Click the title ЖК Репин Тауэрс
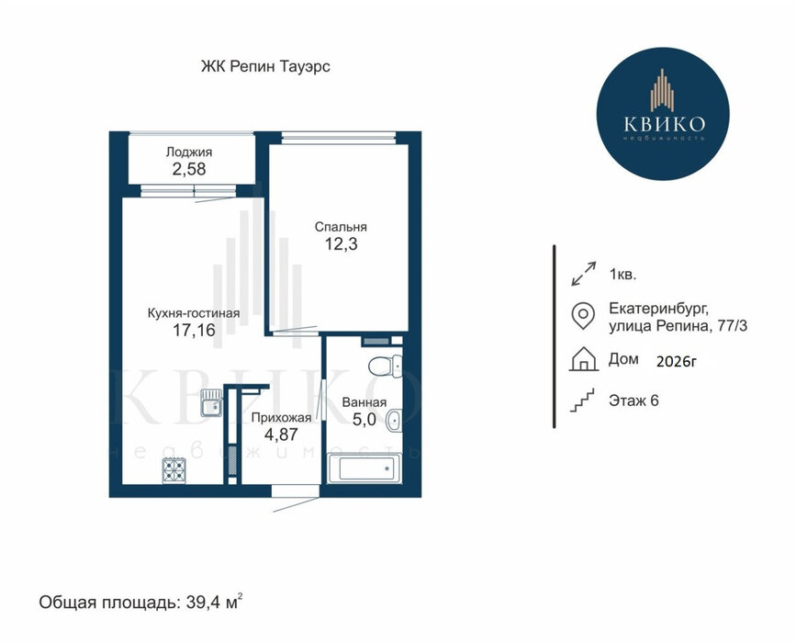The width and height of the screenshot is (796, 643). coord(265,66)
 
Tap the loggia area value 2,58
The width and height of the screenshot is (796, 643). coord(189,169)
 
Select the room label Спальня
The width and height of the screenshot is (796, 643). coord(341,227)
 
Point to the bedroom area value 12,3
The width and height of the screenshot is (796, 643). coord(342,244)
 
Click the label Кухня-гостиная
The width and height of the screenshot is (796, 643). coord(194,313)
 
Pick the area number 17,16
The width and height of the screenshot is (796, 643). coord(194,331)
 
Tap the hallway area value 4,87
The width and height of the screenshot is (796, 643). coord(281,434)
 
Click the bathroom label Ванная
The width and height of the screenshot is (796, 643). coord(364,402)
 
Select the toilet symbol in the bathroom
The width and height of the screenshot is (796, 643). coord(386,367)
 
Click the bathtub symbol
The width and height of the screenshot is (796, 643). coord(364,468)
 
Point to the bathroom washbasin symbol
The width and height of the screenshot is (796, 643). coord(394,421)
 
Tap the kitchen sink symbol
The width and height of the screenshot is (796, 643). coord(211,402)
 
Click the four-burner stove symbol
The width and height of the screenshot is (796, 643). coord(174,471)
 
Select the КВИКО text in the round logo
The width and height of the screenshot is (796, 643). coord(664,124)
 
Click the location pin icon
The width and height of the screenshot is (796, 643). coord(583,316)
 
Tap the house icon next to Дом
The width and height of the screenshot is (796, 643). coord(583,359)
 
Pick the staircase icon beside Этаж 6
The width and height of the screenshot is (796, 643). coord(582,400)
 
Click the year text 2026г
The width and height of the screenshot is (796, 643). coord(677,362)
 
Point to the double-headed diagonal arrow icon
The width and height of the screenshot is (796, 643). coord(583,274)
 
